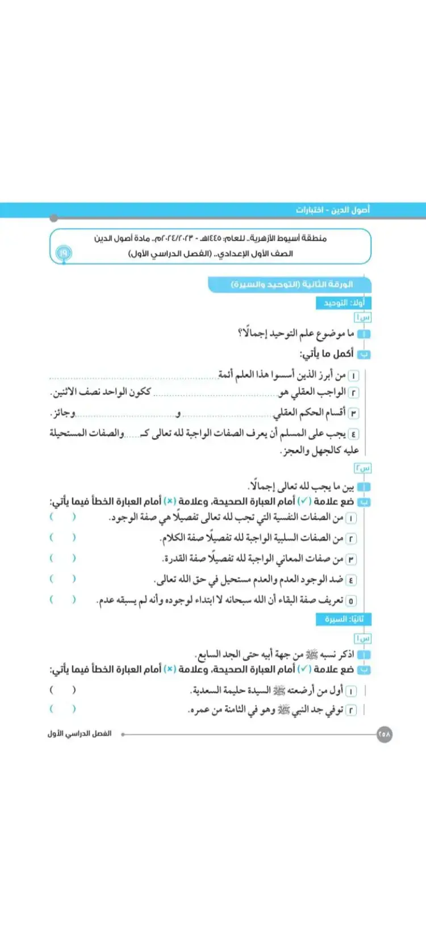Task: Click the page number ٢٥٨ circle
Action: coord(385,734)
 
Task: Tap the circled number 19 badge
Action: coord(63,253)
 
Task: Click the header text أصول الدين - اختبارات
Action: coord(332,210)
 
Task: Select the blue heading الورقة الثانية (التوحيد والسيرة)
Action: coord(292,284)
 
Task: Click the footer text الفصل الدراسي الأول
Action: coord(80,734)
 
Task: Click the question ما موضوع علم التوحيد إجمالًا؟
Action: coord(295,334)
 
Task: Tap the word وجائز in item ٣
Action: coord(64,413)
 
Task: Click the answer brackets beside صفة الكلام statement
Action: coord(62,537)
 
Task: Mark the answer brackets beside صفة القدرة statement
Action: coord(62,558)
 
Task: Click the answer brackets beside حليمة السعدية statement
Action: coord(62,690)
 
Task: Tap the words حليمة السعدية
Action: coord(213,691)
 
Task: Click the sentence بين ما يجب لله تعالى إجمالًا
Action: coord(301,487)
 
